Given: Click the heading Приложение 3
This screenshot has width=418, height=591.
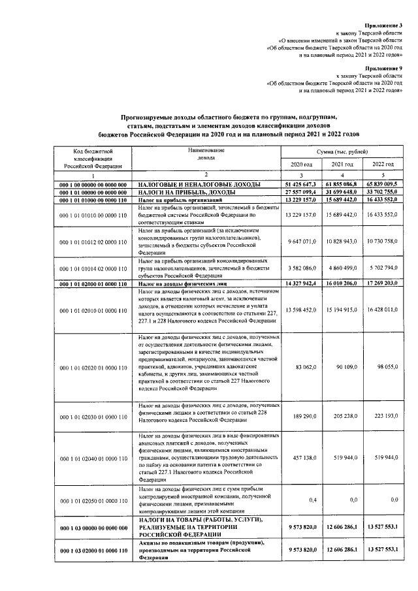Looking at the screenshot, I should [383, 24].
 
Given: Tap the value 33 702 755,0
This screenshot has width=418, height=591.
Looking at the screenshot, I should [382, 193].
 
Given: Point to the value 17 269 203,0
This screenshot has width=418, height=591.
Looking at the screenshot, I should [382, 284].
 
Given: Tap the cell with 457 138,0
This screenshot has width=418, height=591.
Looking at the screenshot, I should [302, 458].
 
